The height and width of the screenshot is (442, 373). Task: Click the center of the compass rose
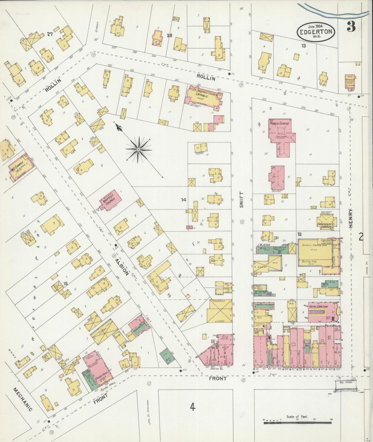point(139,149)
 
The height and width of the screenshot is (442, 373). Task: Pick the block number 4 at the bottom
point(192,407)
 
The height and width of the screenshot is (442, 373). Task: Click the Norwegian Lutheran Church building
point(350,82)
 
